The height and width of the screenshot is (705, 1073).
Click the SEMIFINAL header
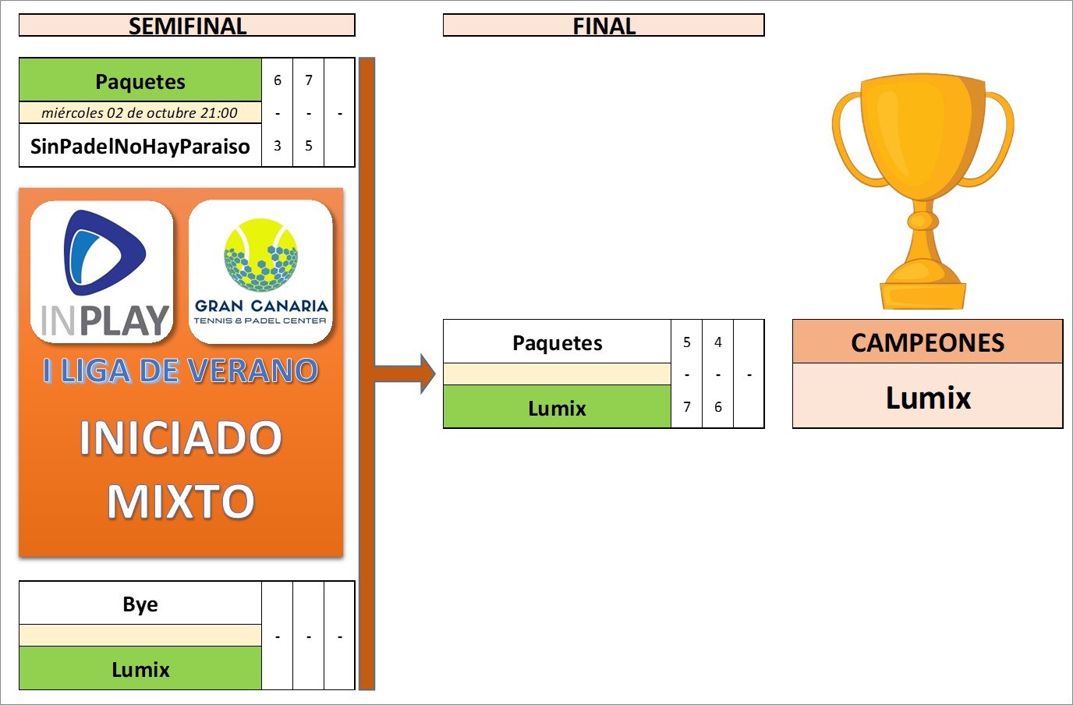(x=187, y=26)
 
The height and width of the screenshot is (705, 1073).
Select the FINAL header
(x=604, y=26)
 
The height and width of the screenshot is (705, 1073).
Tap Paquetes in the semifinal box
(x=140, y=81)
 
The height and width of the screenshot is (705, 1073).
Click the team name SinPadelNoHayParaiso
(x=140, y=146)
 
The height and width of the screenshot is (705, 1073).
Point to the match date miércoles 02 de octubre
(x=140, y=112)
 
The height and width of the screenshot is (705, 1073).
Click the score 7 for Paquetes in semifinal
(x=309, y=80)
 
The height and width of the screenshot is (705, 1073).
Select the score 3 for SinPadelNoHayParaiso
(x=278, y=146)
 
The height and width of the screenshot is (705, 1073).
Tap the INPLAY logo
(x=102, y=272)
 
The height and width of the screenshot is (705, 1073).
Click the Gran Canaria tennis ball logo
(x=260, y=255)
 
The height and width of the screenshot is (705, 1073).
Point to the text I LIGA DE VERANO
(x=181, y=371)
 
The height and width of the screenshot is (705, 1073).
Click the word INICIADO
(x=181, y=438)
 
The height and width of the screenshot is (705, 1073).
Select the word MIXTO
(x=181, y=501)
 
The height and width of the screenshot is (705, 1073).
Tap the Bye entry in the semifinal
(x=140, y=604)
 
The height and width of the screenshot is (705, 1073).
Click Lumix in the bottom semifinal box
(x=140, y=669)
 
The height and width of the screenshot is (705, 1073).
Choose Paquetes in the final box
(x=557, y=342)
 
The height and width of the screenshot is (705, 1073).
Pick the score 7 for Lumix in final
(x=687, y=407)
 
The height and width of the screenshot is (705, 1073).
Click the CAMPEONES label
(x=927, y=342)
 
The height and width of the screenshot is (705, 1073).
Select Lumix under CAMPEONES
(x=928, y=398)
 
